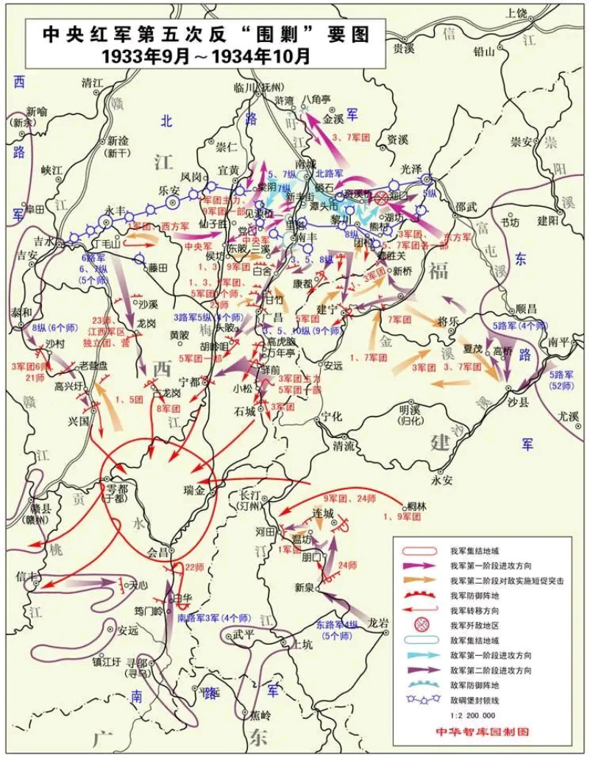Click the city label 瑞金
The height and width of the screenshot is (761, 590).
(193, 489)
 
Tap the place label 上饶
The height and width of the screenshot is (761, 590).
(517, 13)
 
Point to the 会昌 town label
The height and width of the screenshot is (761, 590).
(159, 551)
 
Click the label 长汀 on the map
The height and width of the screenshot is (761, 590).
(250, 495)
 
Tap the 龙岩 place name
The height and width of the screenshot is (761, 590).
(377, 622)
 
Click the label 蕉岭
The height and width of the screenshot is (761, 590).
(260, 714)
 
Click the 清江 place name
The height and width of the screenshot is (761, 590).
(93, 82)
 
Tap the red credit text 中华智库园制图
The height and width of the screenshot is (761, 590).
(482, 732)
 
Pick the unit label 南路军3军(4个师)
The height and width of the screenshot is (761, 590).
(213, 617)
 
